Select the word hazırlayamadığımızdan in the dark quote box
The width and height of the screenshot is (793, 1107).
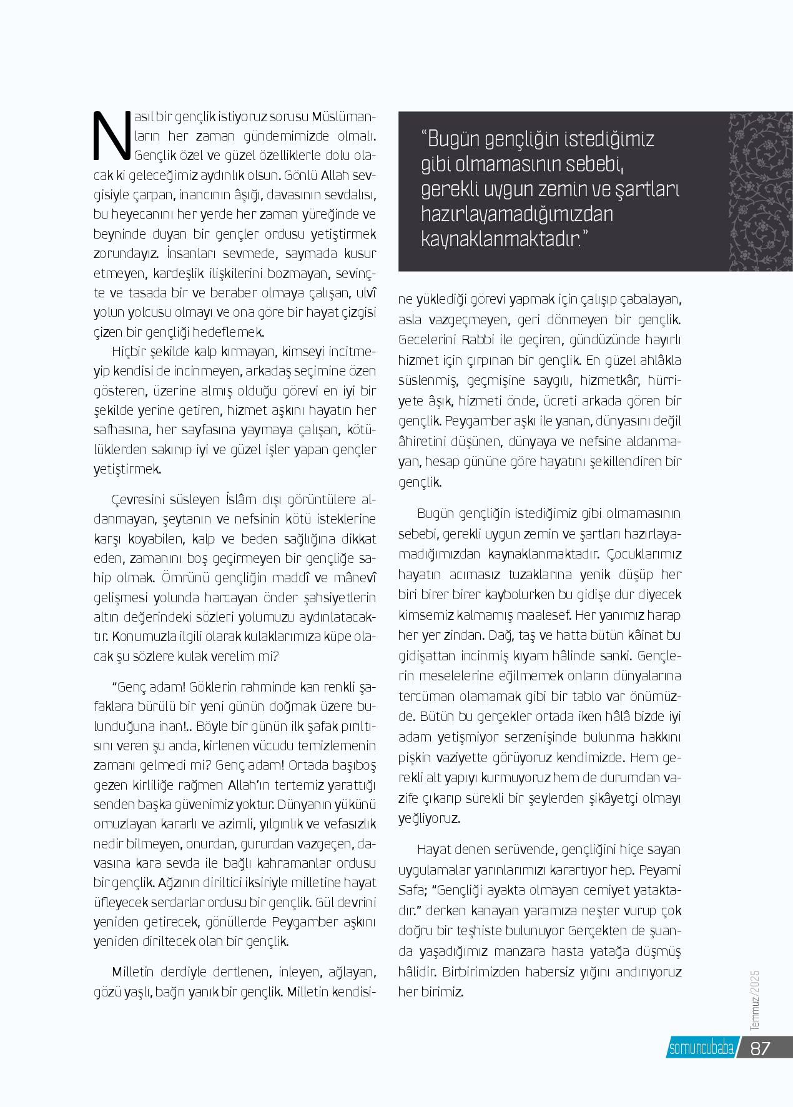516,214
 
